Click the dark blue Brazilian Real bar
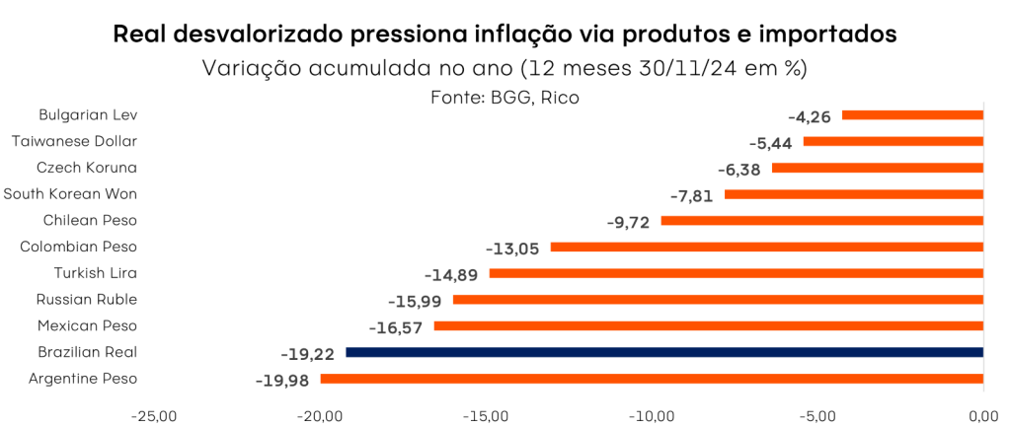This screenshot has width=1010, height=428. [x=664, y=352]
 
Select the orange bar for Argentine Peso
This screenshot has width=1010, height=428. [x=652, y=379]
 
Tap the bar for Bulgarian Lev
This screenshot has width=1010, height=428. [x=912, y=115]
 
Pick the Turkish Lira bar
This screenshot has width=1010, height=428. [x=737, y=273]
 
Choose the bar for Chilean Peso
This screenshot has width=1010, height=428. [x=821, y=221]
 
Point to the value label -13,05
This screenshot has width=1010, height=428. [x=512, y=248]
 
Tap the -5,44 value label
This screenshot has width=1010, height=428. [x=773, y=142]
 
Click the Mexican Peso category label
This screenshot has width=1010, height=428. [x=87, y=325]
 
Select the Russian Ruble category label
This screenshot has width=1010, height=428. [x=87, y=299]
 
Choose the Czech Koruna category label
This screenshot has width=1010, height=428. [x=87, y=168]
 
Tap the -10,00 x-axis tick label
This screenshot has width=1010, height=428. [x=653, y=416]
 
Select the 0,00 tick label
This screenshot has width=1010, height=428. [x=983, y=416]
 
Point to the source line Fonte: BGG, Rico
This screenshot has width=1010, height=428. [x=505, y=97]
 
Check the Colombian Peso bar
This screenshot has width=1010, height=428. [x=767, y=247]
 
